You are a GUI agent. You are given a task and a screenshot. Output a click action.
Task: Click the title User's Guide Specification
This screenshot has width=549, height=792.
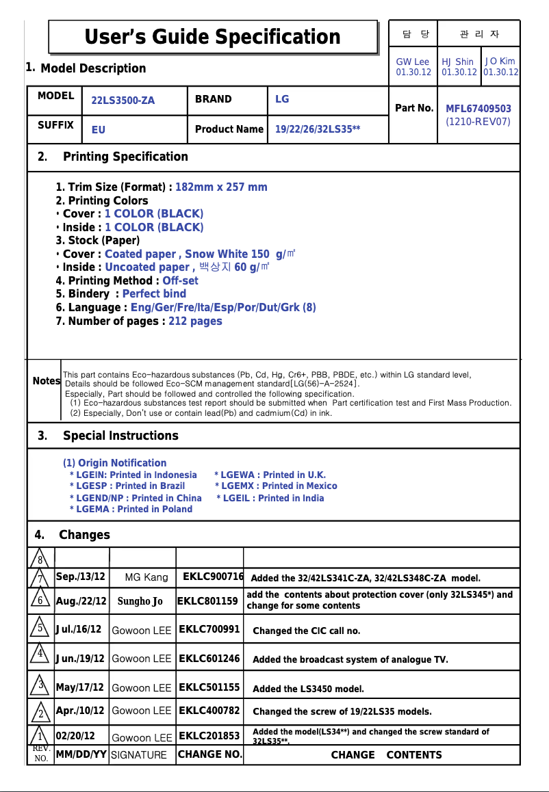212,36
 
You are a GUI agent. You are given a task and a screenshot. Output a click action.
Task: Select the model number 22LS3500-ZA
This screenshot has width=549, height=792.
123,101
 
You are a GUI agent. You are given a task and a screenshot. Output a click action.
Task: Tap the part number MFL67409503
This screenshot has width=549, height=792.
478,109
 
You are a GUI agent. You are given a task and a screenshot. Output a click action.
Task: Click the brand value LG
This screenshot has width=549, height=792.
282,99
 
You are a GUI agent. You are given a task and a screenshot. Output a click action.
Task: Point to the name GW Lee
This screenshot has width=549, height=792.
413,62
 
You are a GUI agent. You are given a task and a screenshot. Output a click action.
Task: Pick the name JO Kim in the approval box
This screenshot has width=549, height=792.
500,62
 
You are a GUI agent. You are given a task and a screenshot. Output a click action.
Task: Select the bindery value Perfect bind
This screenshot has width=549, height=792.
154,293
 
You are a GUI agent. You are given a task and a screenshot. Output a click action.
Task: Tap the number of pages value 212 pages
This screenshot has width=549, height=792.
195,321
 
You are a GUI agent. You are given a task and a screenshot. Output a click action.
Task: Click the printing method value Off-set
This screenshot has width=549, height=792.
180,280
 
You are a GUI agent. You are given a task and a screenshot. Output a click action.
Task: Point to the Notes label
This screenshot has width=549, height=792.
46,381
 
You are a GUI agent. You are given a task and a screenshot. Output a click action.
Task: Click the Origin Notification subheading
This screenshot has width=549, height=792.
114,463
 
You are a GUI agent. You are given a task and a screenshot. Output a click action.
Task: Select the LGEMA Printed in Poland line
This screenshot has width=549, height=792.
131,509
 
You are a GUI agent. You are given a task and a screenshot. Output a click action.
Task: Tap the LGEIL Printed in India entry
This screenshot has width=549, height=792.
270,498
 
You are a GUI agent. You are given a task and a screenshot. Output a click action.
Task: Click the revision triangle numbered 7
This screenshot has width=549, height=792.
41,578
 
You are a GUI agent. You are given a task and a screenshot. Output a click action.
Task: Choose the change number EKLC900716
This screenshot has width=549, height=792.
213,577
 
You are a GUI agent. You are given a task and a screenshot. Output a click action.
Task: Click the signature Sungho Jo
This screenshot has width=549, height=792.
140,602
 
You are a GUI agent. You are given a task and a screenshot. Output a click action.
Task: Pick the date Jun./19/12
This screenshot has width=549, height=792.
80,659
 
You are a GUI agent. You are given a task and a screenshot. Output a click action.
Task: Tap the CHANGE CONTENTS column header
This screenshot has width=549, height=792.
386,755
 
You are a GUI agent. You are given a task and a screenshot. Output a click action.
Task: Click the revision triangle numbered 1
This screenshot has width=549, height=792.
41,737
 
